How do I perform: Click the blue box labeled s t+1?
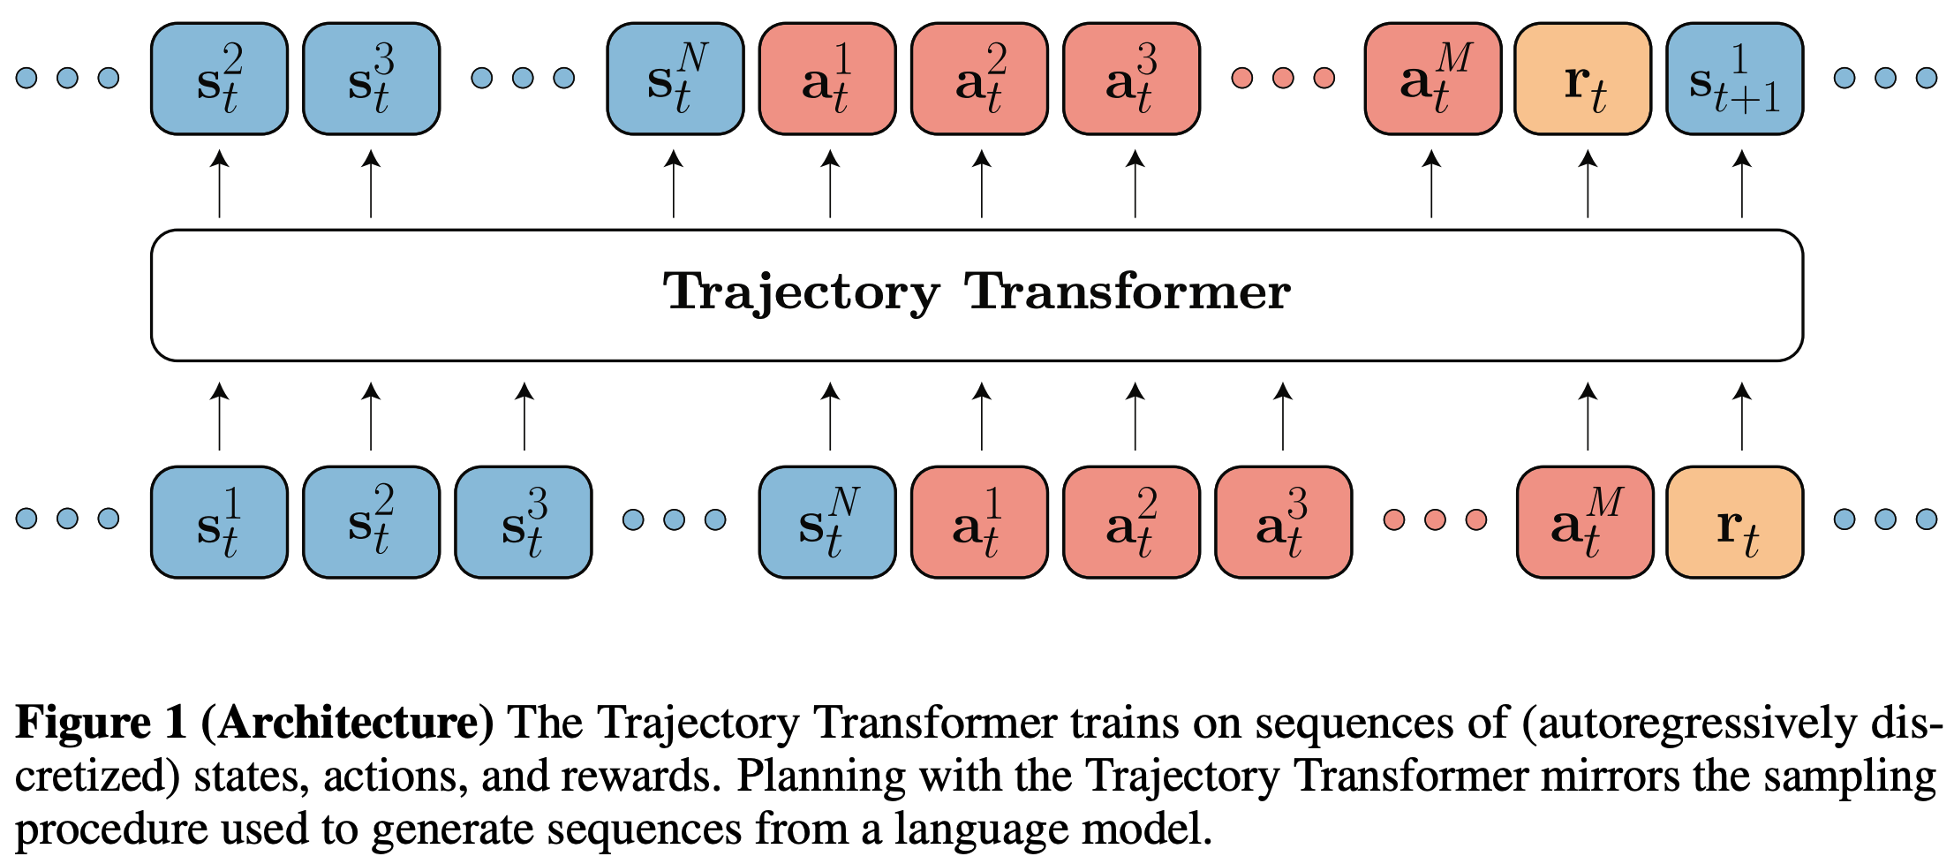[x=1734, y=80]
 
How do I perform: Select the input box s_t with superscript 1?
[x=219, y=522]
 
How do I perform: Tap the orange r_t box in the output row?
[x=1583, y=80]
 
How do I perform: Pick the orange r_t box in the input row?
[x=1734, y=522]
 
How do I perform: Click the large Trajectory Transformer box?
[x=977, y=295]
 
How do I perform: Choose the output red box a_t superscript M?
[x=1432, y=80]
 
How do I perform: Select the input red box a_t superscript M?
[x=1585, y=522]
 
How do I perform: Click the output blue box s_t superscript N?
[x=675, y=80]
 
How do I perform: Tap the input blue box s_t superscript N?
[x=827, y=522]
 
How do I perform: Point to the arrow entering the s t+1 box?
[x=1741, y=184]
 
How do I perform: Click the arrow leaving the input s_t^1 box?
[x=219, y=416]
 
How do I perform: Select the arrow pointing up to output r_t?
[x=1588, y=184]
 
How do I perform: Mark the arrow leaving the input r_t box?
[x=1741, y=416]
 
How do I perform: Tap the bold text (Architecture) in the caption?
[x=347, y=724]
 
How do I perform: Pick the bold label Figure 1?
[x=101, y=724]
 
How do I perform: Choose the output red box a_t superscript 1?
[x=827, y=80]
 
